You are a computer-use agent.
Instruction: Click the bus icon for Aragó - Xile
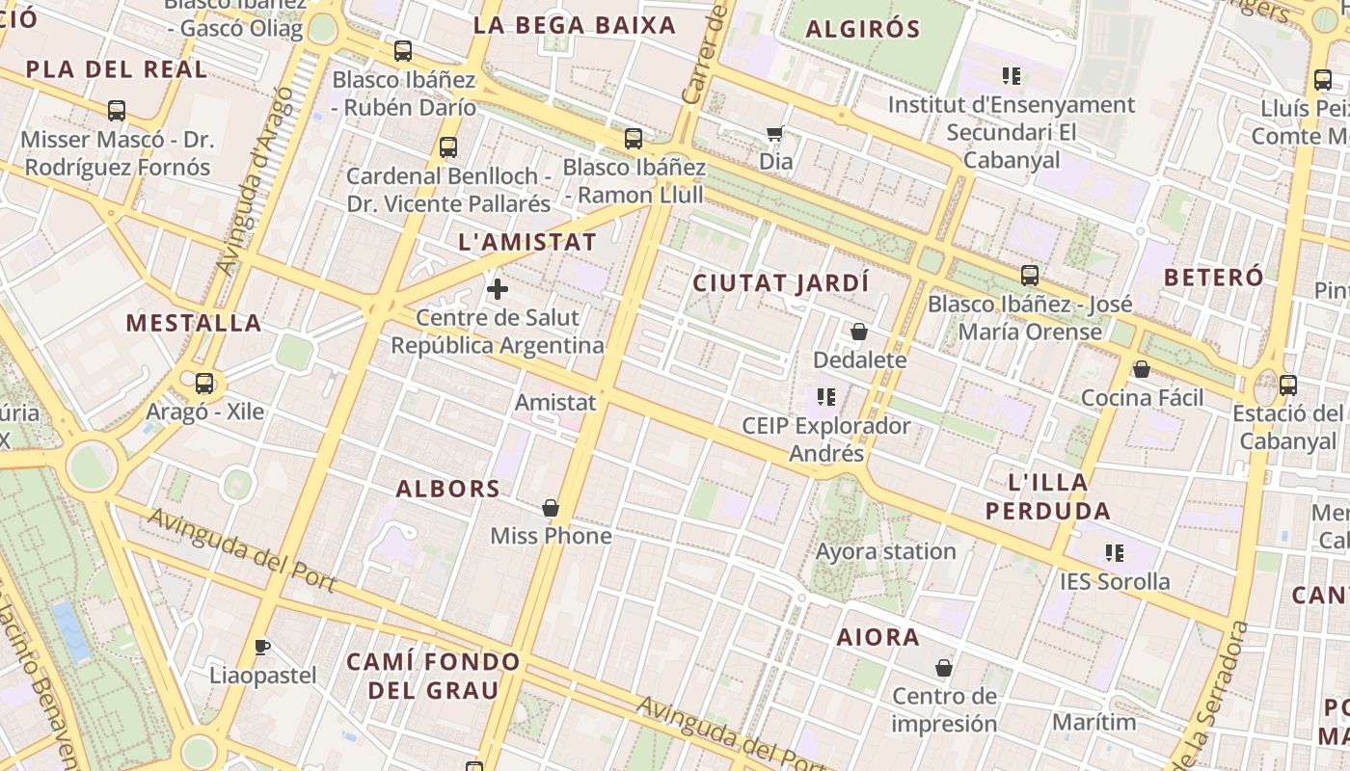coord(204,384)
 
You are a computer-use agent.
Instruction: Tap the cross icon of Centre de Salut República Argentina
coord(498,289)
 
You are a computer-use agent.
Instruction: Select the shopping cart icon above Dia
coord(774,134)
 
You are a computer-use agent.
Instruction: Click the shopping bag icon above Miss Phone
coord(551,508)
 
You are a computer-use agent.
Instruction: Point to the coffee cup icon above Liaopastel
coord(261,647)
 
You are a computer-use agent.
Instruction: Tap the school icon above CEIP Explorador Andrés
coord(825,397)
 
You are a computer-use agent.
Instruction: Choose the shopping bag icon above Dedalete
coord(859,332)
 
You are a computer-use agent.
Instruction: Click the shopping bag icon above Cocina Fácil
coord(1142,369)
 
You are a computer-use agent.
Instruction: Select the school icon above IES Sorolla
coord(1115,553)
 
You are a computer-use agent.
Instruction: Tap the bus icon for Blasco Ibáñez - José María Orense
coord(1030,276)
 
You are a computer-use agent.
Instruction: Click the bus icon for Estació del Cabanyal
coord(1288,385)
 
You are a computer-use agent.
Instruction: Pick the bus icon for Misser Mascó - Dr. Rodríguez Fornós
coord(117,111)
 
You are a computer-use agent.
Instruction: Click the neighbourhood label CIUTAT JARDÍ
coord(781,283)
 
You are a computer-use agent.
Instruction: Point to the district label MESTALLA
coord(194,323)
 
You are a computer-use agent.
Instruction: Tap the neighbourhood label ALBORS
coord(448,489)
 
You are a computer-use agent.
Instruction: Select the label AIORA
coord(877,637)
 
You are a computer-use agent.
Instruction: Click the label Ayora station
coord(886,552)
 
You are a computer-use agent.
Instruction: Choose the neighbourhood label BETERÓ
coord(1213,278)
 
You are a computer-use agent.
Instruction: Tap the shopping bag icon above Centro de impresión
coord(944,668)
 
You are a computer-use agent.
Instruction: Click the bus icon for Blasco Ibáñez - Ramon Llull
coord(634,139)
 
